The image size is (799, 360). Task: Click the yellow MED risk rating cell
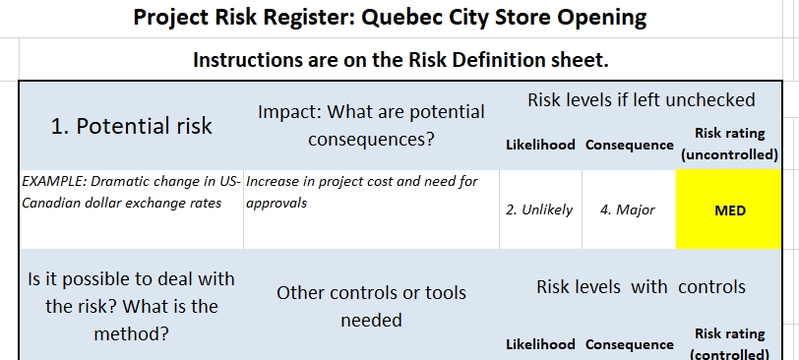point(729,210)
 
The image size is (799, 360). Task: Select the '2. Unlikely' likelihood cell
point(539,210)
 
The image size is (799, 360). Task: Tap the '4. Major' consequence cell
point(629,210)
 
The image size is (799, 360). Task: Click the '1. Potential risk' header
point(131,126)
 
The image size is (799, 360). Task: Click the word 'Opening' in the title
point(601,18)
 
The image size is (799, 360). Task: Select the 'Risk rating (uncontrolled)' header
point(730,144)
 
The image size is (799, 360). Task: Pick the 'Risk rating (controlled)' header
point(730,344)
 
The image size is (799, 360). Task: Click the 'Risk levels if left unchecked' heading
point(641,99)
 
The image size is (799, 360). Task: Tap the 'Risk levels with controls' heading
point(641,286)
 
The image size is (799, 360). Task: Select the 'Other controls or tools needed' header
point(371,306)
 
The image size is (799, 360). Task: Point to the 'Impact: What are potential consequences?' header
point(371,125)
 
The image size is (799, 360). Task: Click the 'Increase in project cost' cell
point(362,192)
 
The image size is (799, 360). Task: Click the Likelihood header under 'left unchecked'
point(540,145)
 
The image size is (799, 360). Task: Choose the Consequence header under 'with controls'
point(630,344)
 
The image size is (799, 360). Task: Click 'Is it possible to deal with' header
point(131,279)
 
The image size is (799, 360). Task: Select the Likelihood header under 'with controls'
point(540,344)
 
